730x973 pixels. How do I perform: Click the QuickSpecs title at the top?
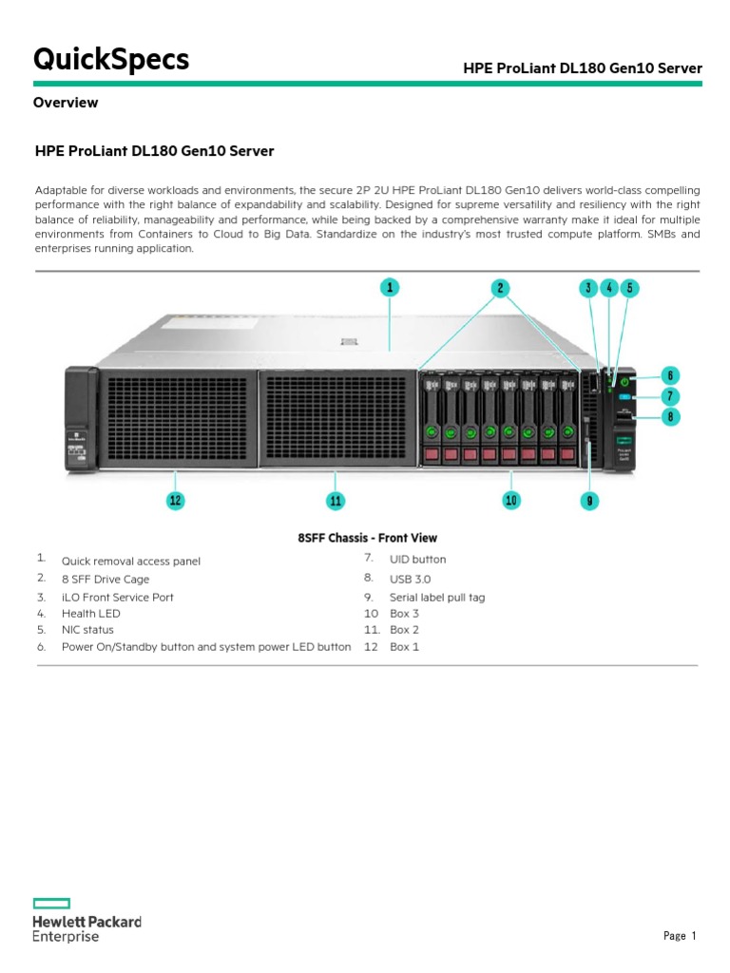[111, 60]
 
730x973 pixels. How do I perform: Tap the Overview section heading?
[66, 103]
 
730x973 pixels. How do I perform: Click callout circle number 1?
[390, 286]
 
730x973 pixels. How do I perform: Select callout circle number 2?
[500, 286]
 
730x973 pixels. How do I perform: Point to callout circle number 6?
[669, 374]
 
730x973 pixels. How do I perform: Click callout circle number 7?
[669, 395]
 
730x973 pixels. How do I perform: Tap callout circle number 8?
[669, 415]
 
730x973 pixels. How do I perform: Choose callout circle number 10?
[511, 500]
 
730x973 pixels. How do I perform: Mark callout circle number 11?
[335, 500]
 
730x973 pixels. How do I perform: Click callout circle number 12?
[175, 500]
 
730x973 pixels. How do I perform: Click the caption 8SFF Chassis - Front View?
[367, 538]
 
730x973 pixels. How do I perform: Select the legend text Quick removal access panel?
[131, 562]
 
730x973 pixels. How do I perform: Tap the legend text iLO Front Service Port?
[117, 598]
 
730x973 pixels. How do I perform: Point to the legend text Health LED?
[90, 614]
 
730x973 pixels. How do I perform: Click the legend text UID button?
[417, 560]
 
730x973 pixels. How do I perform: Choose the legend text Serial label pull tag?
[437, 598]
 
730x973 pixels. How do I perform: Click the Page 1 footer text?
[680, 936]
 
